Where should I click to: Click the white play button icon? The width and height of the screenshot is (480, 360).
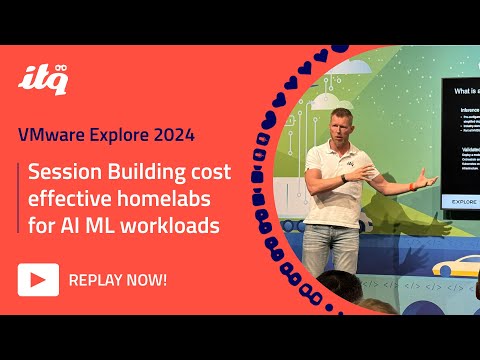coord(37,280)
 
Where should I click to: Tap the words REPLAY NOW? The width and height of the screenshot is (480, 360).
coord(117,280)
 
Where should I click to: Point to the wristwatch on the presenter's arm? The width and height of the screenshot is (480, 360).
coord(343,177)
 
